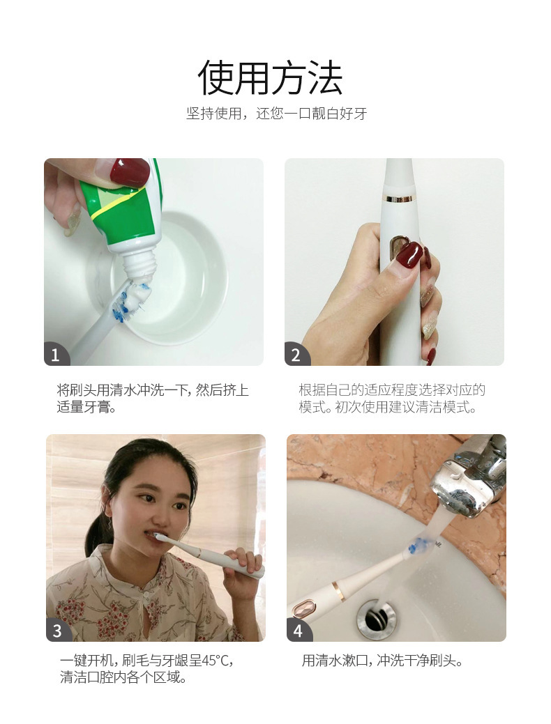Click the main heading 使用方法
click(x=271, y=77)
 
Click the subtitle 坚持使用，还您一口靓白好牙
click(x=276, y=114)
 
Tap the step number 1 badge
click(x=56, y=355)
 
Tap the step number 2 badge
click(x=296, y=355)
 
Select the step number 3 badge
click(x=58, y=631)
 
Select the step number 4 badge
click(x=299, y=631)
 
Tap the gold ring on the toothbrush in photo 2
click(x=398, y=199)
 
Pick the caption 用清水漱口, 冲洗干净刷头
click(x=382, y=660)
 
